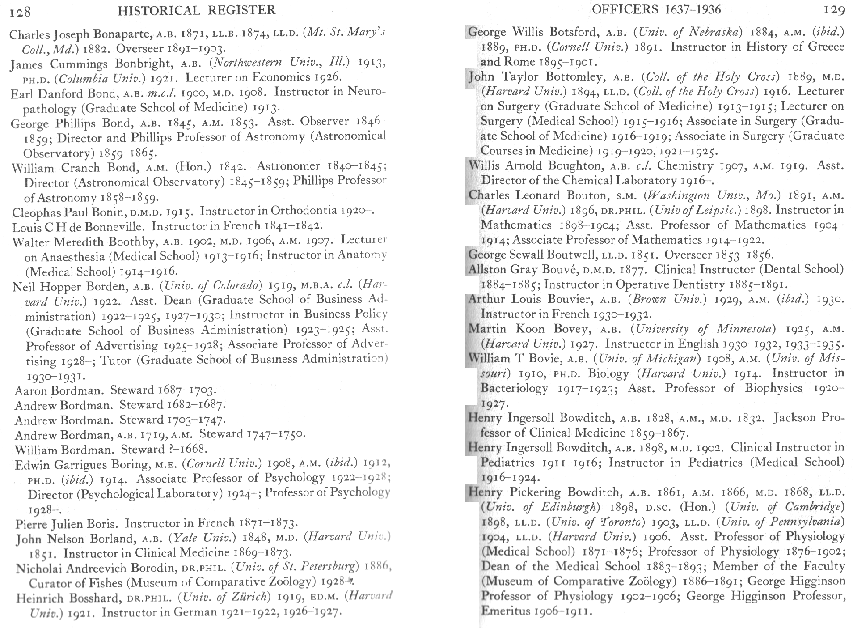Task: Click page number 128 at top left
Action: click(20, 11)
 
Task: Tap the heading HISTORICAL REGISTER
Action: click(197, 9)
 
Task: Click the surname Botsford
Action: click(574, 32)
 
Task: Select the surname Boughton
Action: click(574, 166)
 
